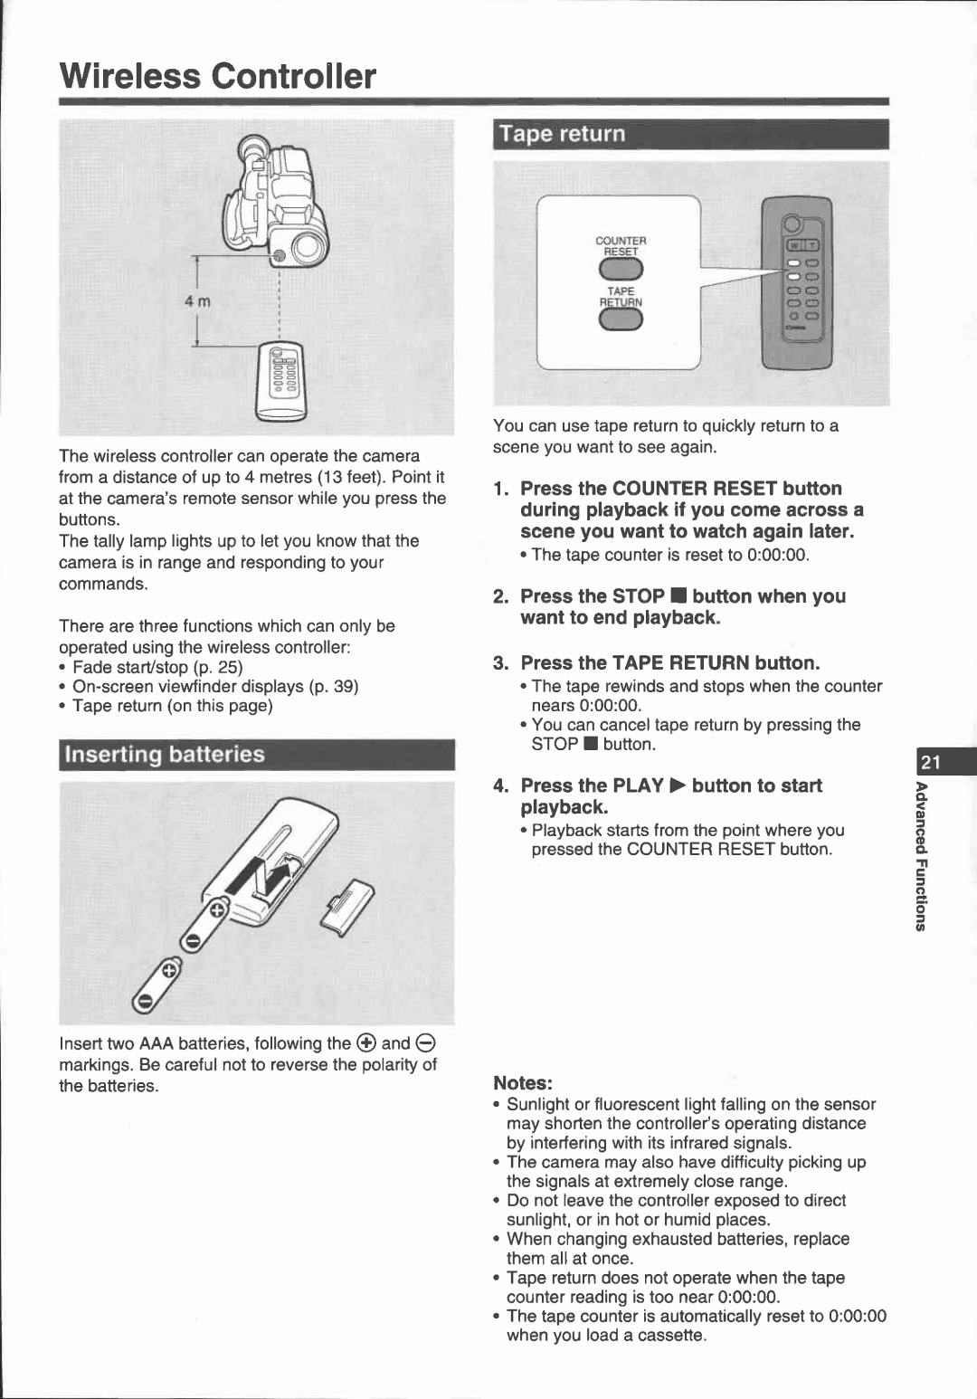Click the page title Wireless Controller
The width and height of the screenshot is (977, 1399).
(217, 76)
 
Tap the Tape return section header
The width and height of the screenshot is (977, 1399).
(562, 134)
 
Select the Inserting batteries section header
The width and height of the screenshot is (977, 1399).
(165, 755)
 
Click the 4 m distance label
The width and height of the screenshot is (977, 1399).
(197, 301)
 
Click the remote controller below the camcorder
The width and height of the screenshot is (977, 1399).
(281, 381)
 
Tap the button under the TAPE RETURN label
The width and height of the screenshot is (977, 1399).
(621, 320)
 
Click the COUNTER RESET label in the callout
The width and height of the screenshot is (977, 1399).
(621, 246)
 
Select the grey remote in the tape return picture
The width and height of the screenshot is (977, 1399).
(796, 282)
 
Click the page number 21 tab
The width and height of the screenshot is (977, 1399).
(933, 762)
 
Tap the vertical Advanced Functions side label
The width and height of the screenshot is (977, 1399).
(920, 855)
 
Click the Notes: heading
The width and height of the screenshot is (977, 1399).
(522, 1083)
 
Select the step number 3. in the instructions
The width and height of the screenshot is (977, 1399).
(501, 663)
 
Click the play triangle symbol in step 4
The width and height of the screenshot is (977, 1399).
(678, 785)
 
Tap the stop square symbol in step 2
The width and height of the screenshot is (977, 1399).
(678, 596)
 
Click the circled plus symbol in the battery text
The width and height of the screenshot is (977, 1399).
(365, 1042)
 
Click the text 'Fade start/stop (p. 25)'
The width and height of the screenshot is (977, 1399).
(157, 667)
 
